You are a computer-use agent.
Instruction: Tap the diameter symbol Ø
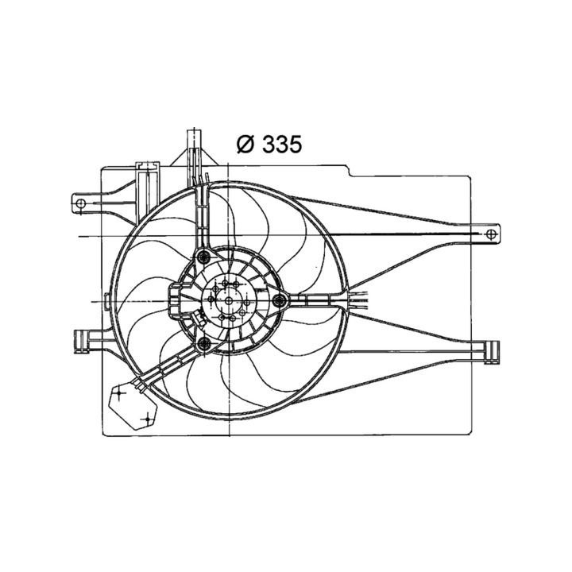point(245,144)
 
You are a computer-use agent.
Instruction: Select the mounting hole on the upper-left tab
point(80,203)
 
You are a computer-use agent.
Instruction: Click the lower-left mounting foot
point(81,339)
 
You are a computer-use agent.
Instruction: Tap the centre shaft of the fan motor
point(229,300)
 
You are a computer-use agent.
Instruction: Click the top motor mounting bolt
point(204,256)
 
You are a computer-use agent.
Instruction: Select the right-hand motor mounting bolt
point(279,300)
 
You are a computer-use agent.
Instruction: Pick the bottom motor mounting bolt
point(204,343)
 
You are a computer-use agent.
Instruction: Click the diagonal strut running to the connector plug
point(167,368)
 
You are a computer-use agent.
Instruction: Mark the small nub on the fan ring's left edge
point(110,302)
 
